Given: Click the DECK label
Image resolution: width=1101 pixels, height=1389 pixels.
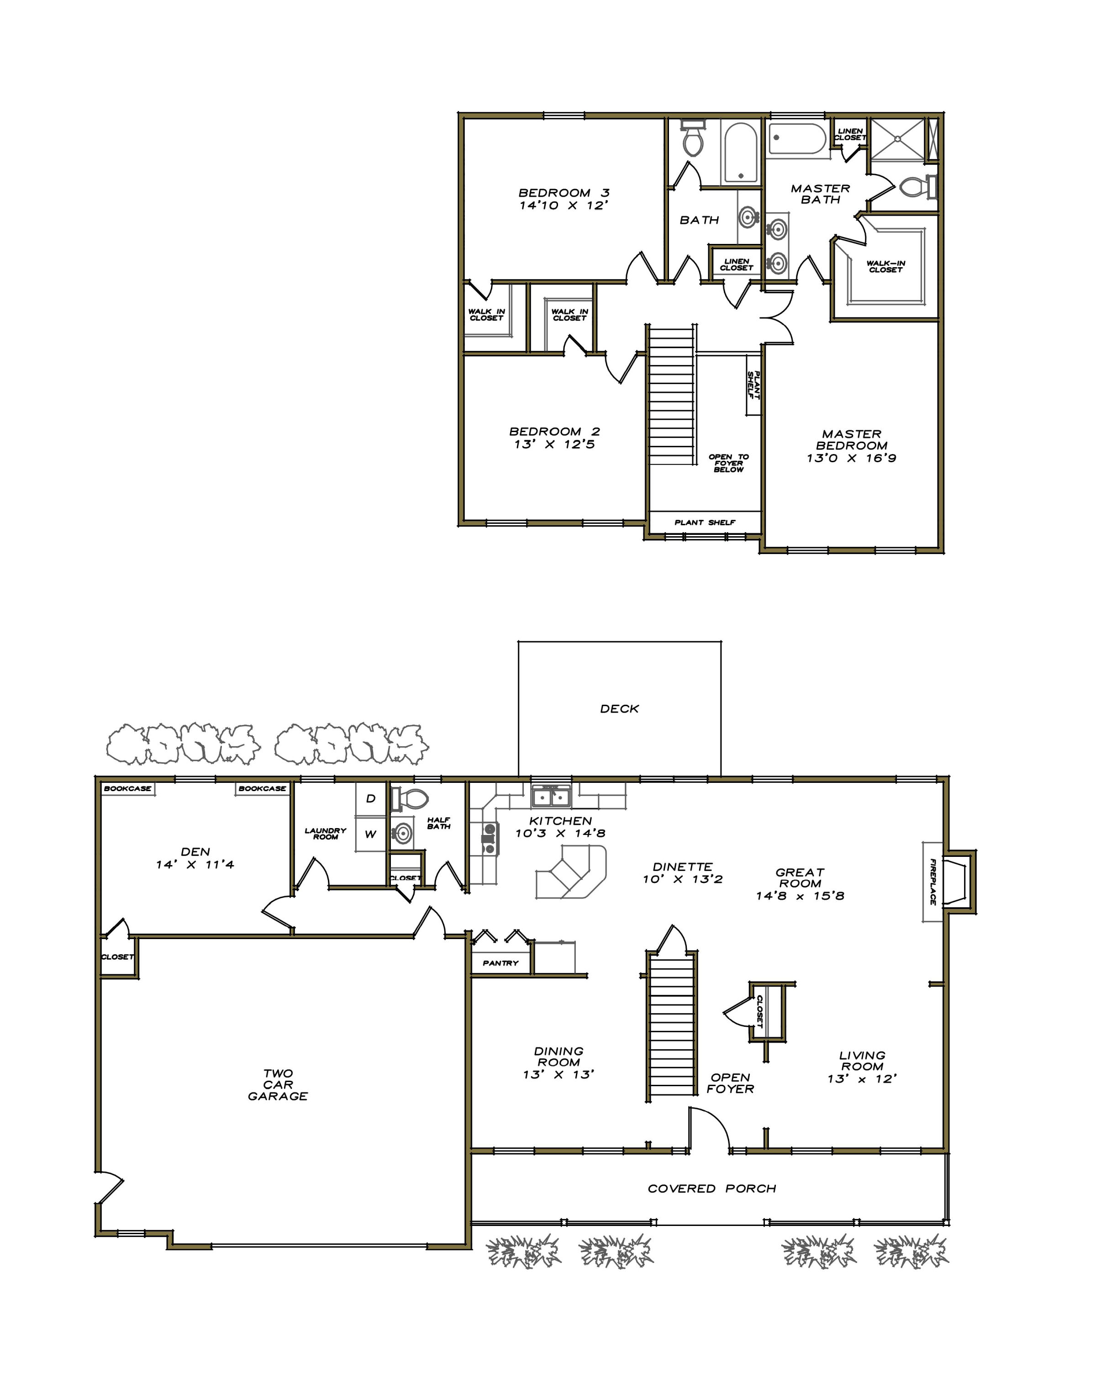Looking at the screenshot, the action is click(x=619, y=709).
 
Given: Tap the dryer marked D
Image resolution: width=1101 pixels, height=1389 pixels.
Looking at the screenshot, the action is click(x=370, y=799).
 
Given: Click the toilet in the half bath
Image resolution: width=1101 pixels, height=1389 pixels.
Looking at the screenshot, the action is click(x=411, y=799).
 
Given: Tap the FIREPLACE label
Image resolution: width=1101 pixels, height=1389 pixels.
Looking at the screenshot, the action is click(x=932, y=882).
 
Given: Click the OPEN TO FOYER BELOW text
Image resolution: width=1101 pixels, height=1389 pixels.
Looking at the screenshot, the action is click(x=729, y=463).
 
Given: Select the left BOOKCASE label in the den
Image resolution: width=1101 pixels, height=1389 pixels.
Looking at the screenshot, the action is click(x=127, y=788).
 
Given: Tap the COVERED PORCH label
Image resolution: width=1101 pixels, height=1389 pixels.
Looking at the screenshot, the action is click(x=712, y=1188).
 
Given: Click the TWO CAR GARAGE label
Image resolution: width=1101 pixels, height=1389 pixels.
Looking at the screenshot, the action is click(x=278, y=1085).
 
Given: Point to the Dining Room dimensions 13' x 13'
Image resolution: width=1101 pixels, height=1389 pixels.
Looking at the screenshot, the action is click(x=558, y=1075).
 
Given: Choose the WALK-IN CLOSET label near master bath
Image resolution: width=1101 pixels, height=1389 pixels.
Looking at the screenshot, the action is click(x=886, y=267).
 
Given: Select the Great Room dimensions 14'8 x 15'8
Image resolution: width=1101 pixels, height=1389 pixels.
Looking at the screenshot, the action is click(x=800, y=896).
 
